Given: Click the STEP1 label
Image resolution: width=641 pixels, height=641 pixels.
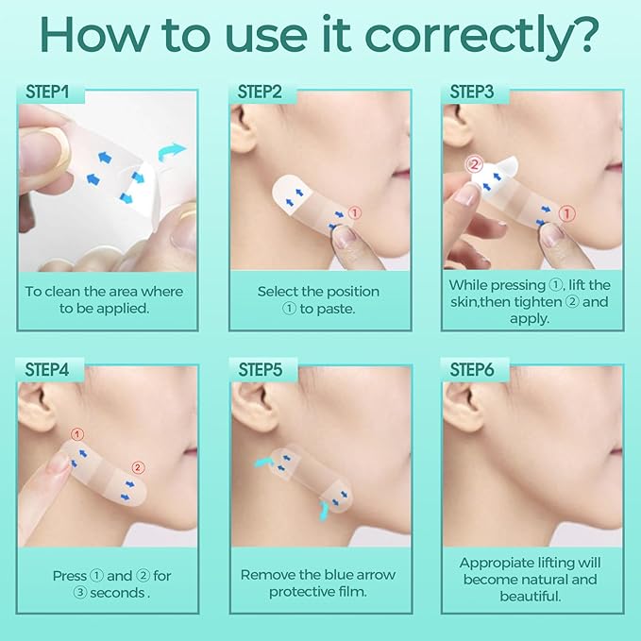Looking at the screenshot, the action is (x=47, y=92).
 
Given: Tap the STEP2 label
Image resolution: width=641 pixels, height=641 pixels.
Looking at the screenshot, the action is (x=260, y=92).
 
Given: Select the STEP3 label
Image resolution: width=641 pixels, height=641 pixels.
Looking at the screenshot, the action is (x=472, y=92).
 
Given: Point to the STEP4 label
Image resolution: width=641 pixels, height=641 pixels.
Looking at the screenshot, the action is (x=47, y=369).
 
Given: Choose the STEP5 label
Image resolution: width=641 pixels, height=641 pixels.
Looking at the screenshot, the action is (x=261, y=369).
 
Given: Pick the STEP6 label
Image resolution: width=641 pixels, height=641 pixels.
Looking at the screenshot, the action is (x=472, y=369).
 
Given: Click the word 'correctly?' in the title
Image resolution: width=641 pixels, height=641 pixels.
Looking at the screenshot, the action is (x=481, y=36).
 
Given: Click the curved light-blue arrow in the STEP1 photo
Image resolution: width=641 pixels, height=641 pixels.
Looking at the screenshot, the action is (x=172, y=153).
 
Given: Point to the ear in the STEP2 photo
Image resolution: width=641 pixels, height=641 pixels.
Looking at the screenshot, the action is (x=242, y=130).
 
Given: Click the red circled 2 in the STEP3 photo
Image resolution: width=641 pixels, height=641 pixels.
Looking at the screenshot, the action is (x=474, y=165).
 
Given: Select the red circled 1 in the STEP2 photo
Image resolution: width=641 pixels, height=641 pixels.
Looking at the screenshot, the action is (x=355, y=213).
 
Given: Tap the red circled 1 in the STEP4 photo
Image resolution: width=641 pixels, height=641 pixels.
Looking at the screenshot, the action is (x=77, y=434).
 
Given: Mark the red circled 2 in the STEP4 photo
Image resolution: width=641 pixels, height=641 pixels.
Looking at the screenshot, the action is (x=138, y=467).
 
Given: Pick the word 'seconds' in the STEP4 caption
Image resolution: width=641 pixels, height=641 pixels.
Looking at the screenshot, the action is (x=117, y=593).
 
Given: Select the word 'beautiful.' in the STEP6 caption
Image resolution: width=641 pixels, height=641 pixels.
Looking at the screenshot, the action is (x=531, y=596).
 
